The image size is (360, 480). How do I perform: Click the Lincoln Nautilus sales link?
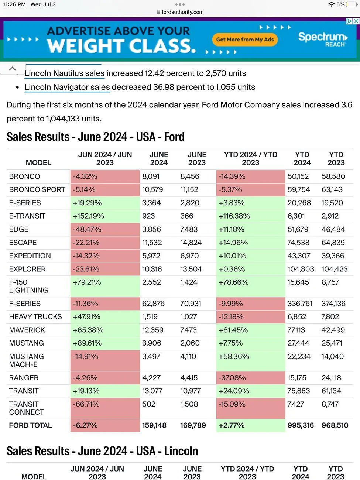pos(65,73)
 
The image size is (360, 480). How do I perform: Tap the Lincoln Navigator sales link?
pos(67,87)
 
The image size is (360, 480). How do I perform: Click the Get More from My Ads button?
pos(245,40)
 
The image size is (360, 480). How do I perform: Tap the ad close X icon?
pos(356,21)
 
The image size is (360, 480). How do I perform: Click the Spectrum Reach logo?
pos(323,40)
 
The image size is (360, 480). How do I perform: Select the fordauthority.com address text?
pos(182,12)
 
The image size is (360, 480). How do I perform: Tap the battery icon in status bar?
pos(352,4)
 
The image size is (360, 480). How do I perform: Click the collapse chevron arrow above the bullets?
pos(13,68)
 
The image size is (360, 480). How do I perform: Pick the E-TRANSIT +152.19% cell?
pos(105,216)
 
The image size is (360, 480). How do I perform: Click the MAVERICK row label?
pos(27,330)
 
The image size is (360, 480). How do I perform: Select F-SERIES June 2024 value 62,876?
pos(154,303)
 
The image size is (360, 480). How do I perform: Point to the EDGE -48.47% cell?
pos(105,229)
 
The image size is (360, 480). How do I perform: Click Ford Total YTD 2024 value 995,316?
pos(301,425)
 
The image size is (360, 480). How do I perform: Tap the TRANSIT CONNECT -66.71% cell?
pos(105,408)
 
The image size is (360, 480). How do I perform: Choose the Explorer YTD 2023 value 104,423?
pos(335,269)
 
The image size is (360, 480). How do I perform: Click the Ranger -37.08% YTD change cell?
pos(250,378)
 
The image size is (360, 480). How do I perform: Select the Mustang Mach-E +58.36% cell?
pos(250,360)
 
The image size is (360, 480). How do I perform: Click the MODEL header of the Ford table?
pos(38,162)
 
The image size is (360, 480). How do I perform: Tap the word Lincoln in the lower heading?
pos(181,451)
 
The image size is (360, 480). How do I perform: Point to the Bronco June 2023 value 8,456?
pos(190,176)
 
